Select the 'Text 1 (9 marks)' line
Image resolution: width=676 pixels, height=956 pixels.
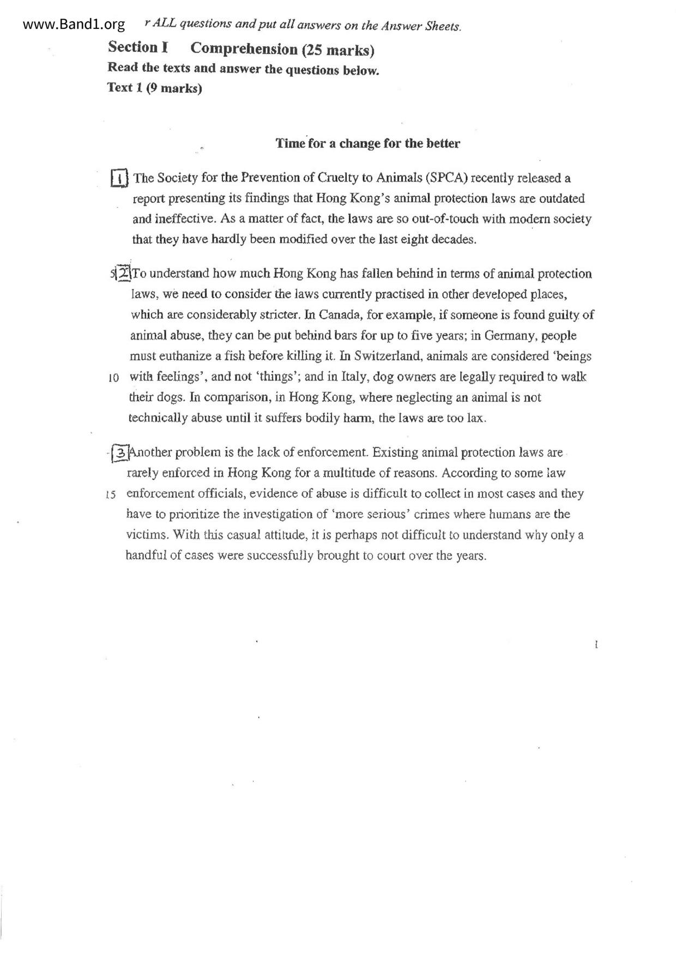coord(154,88)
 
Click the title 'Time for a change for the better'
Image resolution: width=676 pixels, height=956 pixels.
coord(367,143)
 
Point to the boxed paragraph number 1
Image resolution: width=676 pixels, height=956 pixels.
coord(119,178)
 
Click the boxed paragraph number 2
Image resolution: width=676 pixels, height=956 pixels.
coord(123,273)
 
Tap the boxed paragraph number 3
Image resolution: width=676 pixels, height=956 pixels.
coord(120,452)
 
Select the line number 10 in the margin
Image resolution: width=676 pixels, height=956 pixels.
coord(113,378)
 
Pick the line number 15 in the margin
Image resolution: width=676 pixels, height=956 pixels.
coord(111,495)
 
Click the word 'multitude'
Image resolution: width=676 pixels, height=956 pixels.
coord(385,473)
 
